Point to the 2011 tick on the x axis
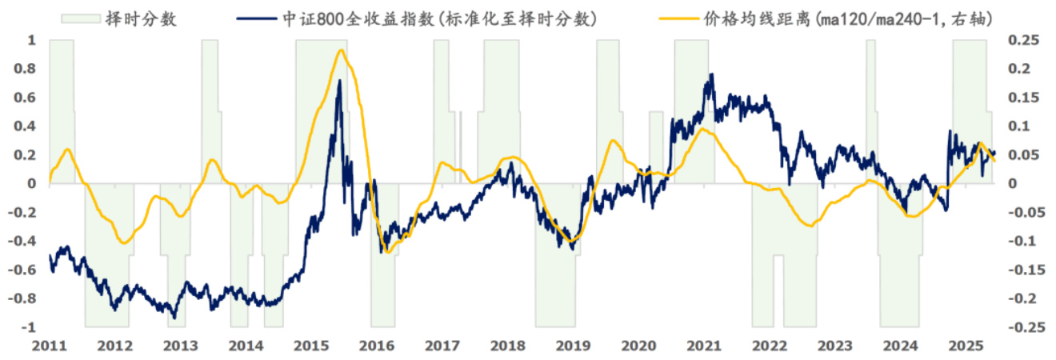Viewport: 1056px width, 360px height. [x=50, y=346]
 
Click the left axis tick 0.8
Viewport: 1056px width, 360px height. [x=28, y=69]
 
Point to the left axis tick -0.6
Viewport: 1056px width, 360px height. [x=26, y=270]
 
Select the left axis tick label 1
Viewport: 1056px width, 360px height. [x=32, y=40]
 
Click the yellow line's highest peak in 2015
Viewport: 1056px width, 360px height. [x=342, y=50]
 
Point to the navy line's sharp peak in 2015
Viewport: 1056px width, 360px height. [x=339, y=81]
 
